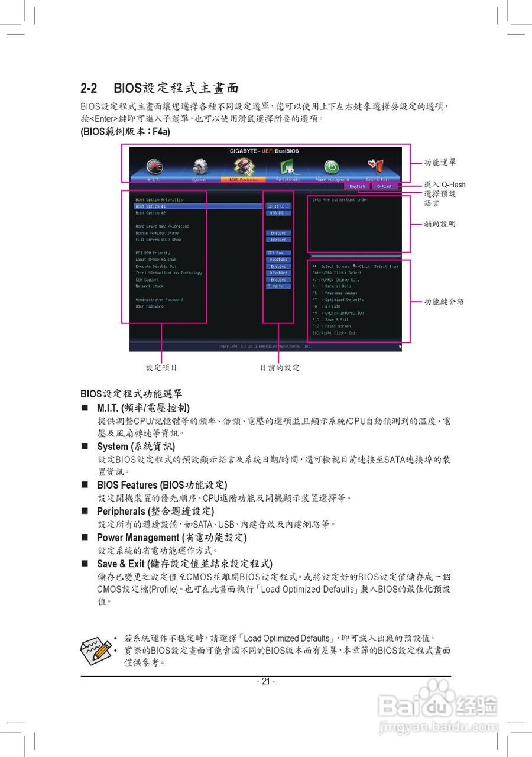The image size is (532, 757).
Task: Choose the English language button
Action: tap(357, 186)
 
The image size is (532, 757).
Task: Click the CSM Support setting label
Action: tap(147, 280)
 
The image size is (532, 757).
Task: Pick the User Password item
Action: tap(150, 306)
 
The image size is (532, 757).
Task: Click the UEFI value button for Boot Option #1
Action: tap(278, 206)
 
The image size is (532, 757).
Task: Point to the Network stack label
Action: tap(149, 286)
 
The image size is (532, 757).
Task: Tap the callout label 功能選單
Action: tap(440, 163)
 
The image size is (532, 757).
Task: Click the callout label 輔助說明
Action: tap(440, 224)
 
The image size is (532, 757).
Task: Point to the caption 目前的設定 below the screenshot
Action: tap(280, 368)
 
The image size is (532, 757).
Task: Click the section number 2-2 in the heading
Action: tap(89, 89)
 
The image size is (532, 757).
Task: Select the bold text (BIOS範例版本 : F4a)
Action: tap(125, 132)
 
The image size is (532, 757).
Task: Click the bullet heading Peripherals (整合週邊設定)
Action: tap(155, 511)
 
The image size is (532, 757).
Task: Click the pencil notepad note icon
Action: tap(95, 650)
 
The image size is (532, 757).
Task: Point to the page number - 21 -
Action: tap(266, 681)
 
